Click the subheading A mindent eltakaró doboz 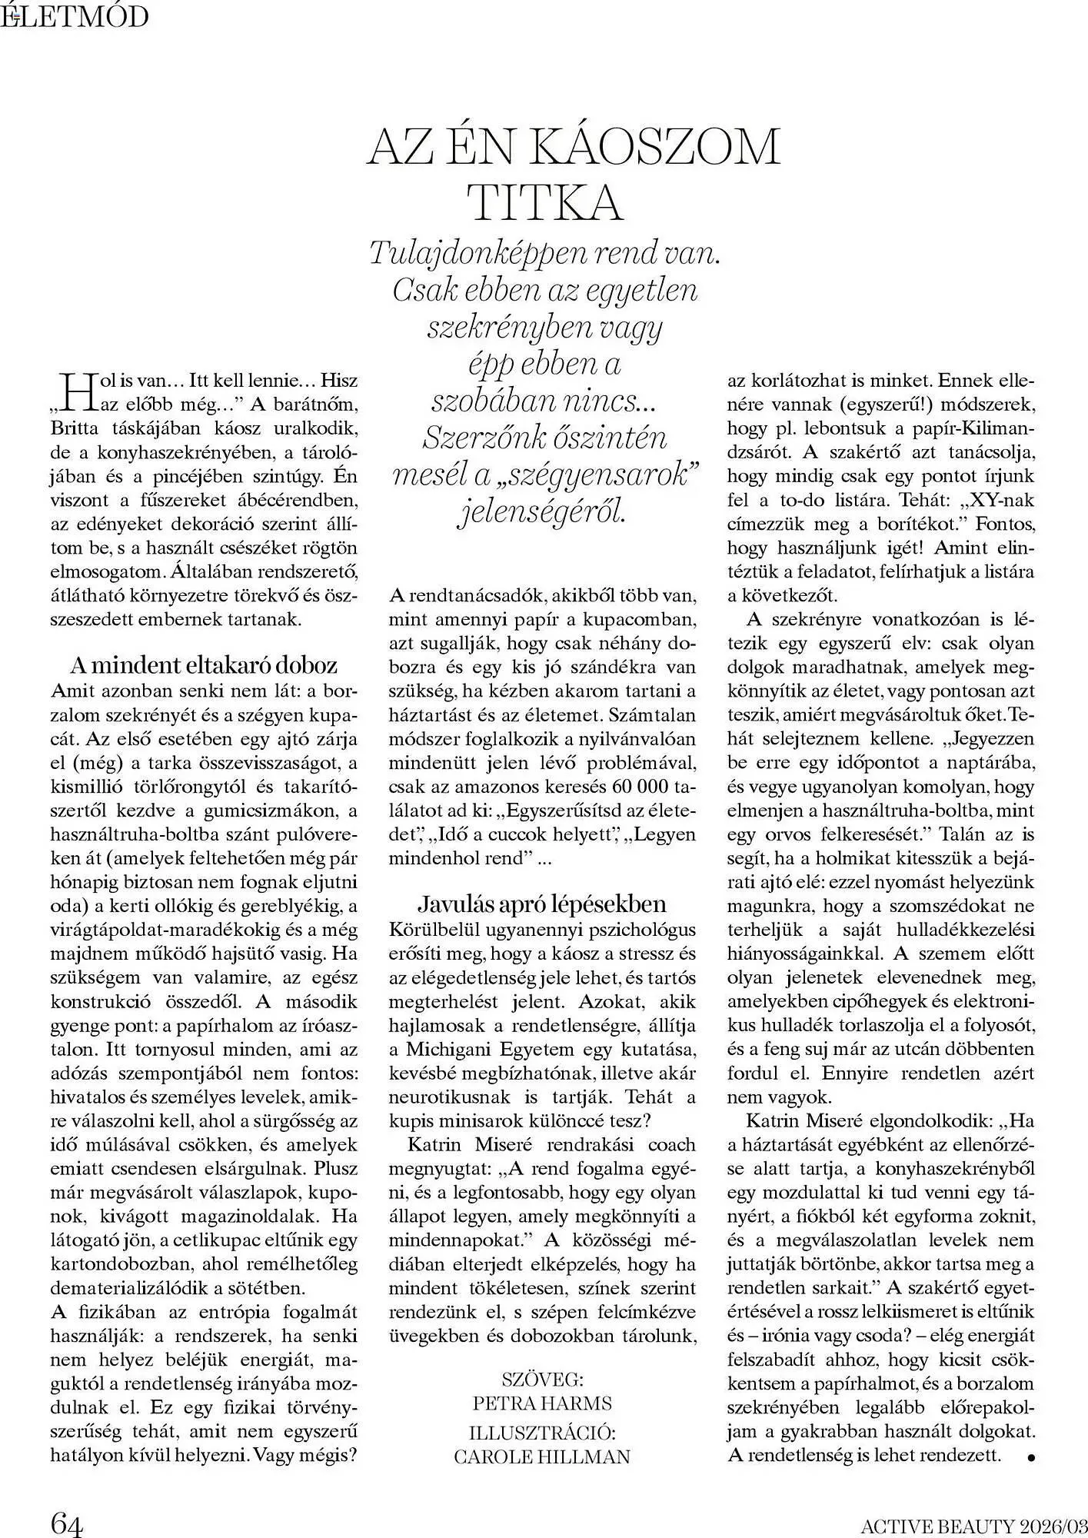tap(204, 664)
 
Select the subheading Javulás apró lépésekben tap(541, 903)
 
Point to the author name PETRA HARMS tap(542, 1403)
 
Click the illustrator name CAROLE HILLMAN tap(542, 1456)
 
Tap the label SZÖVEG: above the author tap(542, 1377)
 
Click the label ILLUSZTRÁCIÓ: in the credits tap(542, 1431)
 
